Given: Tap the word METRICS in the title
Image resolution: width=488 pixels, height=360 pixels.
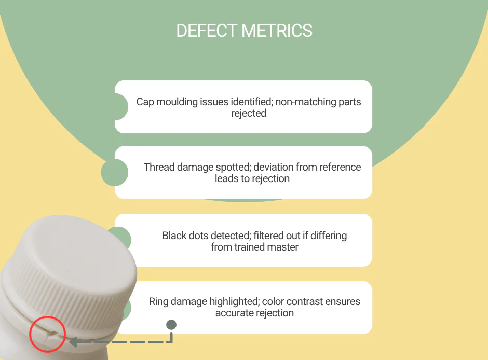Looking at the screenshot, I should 278,31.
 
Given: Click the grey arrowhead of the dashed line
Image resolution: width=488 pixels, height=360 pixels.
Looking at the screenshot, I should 73,342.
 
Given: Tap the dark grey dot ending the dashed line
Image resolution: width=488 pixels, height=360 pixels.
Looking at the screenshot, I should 171,325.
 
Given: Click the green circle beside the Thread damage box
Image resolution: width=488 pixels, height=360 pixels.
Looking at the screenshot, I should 114,172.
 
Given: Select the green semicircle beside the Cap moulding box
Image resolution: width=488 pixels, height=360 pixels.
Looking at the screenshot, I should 120,107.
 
